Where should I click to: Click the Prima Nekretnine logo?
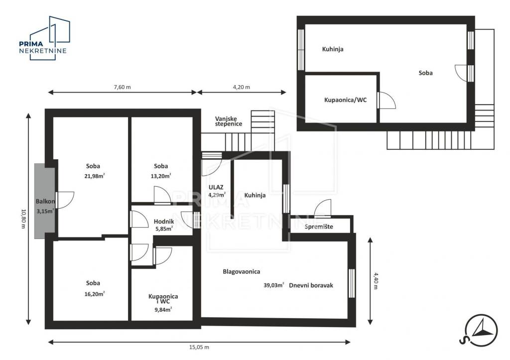[x=44, y=38]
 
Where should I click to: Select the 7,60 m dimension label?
[x=123, y=87]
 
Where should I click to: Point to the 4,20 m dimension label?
[x=242, y=87]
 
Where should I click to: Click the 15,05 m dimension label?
[x=199, y=348]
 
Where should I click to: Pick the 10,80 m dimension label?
[x=23, y=218]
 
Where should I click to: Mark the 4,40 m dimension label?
[x=376, y=281]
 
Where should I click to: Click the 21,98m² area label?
[x=94, y=176]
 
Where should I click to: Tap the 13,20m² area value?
[x=161, y=176]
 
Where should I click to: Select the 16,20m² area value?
[x=94, y=294]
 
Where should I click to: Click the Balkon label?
[x=45, y=201]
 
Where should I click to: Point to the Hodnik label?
[x=164, y=222]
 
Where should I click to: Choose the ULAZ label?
[x=216, y=187]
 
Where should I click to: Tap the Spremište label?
[x=319, y=227]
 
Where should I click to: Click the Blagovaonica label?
[x=242, y=271]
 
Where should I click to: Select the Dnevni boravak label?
[x=311, y=285]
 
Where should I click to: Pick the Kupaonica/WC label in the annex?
[x=346, y=100]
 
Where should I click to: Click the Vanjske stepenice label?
[x=228, y=121]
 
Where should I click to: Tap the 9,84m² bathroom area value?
[x=163, y=310]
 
